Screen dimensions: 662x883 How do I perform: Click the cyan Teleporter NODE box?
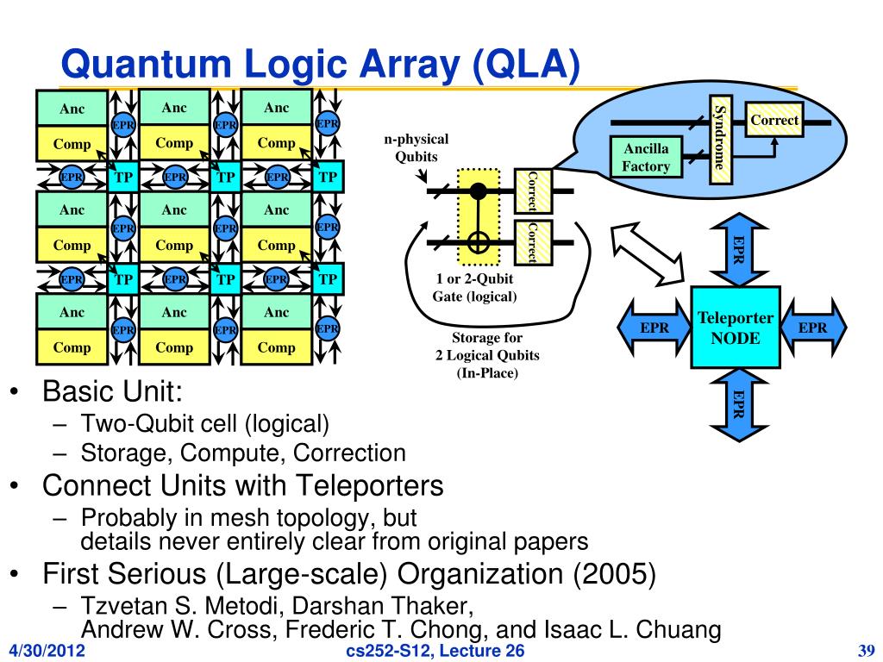(x=736, y=328)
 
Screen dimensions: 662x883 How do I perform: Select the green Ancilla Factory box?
(x=646, y=158)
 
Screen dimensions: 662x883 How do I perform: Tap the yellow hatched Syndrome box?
(x=721, y=141)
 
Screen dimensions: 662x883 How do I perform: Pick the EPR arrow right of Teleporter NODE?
(x=813, y=328)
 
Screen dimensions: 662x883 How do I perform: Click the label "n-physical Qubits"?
(x=416, y=148)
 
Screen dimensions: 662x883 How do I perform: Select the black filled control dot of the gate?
(x=477, y=190)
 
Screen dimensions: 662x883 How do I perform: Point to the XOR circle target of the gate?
(x=477, y=243)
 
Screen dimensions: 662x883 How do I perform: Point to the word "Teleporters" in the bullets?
(x=370, y=486)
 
